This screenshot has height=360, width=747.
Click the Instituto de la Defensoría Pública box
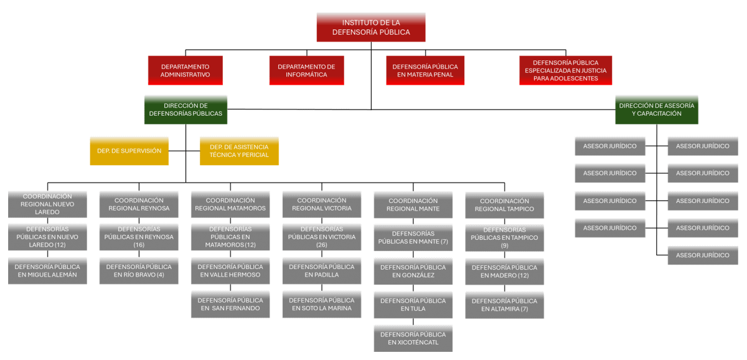pyautogui.click(x=371, y=27)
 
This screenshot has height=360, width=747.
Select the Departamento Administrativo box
pyautogui.click(x=185, y=70)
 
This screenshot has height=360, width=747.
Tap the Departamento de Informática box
pyautogui.click(x=306, y=70)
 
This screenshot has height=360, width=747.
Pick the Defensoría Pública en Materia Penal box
pyautogui.click(x=425, y=70)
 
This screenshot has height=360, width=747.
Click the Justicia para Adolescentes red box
pyautogui.click(x=565, y=70)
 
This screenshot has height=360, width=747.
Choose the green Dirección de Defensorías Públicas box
pyautogui.click(x=186, y=110)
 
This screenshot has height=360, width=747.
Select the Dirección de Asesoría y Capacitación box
pyautogui.click(x=656, y=110)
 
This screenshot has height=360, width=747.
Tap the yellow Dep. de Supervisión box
pyautogui.click(x=129, y=151)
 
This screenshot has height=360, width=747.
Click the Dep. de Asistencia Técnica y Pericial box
pyautogui.click(x=239, y=151)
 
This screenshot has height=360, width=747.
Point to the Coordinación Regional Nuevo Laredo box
pyautogui.click(x=47, y=204)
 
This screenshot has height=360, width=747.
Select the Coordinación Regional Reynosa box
pyautogui.click(x=139, y=204)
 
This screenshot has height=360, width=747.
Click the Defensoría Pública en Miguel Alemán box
pyautogui.click(x=47, y=271)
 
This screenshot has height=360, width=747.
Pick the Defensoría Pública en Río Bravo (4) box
pyautogui.click(x=139, y=271)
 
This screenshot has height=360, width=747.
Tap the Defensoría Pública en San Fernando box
pyautogui.click(x=230, y=305)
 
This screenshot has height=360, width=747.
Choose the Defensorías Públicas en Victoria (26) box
pyautogui.click(x=322, y=237)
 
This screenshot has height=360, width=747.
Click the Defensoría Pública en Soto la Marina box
pyautogui.click(x=322, y=305)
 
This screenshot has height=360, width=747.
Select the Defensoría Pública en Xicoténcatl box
pyautogui.click(x=413, y=338)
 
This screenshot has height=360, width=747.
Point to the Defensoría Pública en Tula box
pyautogui.click(x=413, y=305)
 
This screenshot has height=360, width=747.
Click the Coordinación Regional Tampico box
pyautogui.click(x=504, y=205)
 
